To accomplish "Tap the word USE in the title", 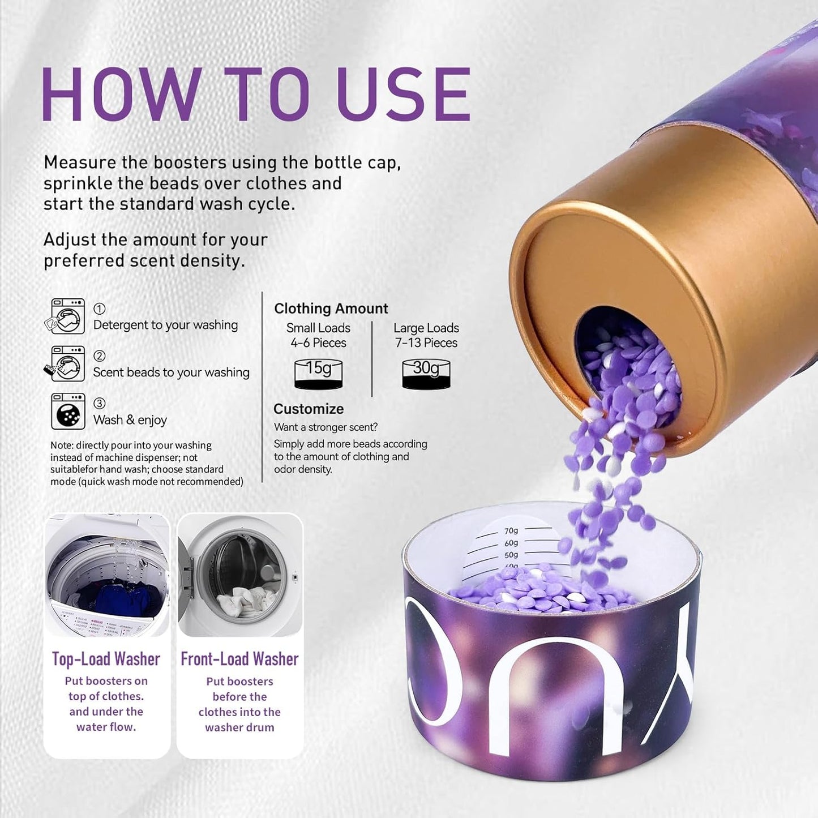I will point(403,95).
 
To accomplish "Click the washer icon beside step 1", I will point(67,316).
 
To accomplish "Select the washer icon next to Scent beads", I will point(66,364).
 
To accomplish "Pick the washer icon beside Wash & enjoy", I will point(68,412).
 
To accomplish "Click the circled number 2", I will point(99,356).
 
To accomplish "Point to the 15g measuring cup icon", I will point(318,374).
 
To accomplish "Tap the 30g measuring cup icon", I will point(426,374).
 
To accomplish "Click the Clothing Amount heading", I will point(331,309).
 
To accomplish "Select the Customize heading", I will point(309,409).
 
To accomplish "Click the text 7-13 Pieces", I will point(426,343).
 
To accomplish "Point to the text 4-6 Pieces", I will point(318,343).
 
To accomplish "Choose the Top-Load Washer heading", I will point(106,659).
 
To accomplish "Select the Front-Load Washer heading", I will point(239,659).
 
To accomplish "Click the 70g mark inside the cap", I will point(511,531).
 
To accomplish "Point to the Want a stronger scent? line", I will point(326,427).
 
